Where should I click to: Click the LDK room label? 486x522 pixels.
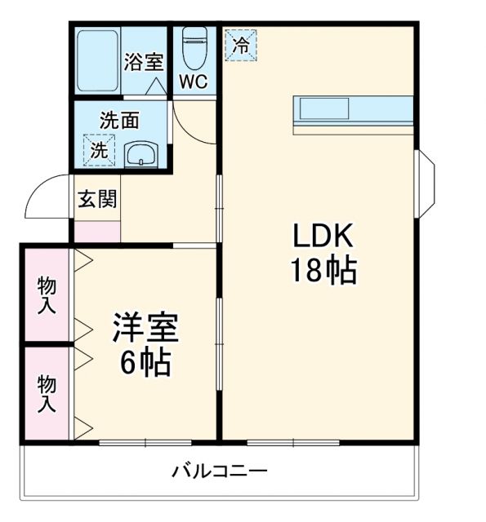click(x=323, y=237)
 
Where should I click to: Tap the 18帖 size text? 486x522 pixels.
click(x=323, y=270)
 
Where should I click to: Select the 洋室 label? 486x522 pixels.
click(x=145, y=328)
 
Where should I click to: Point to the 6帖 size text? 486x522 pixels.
click(x=145, y=362)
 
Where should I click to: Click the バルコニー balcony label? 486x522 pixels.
click(x=220, y=471)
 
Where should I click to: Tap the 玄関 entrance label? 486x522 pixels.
click(x=96, y=199)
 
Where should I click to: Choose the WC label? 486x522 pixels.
click(x=194, y=82)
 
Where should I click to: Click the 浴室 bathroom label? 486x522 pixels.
click(x=143, y=62)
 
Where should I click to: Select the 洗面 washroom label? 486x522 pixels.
click(x=119, y=120)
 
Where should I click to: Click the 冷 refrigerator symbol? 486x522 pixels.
click(x=240, y=45)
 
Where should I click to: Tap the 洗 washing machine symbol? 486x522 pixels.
click(x=98, y=150)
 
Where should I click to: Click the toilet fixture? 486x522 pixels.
click(x=194, y=47)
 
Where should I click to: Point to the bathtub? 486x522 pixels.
click(x=97, y=62)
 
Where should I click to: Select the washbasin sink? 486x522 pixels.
click(x=142, y=153)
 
